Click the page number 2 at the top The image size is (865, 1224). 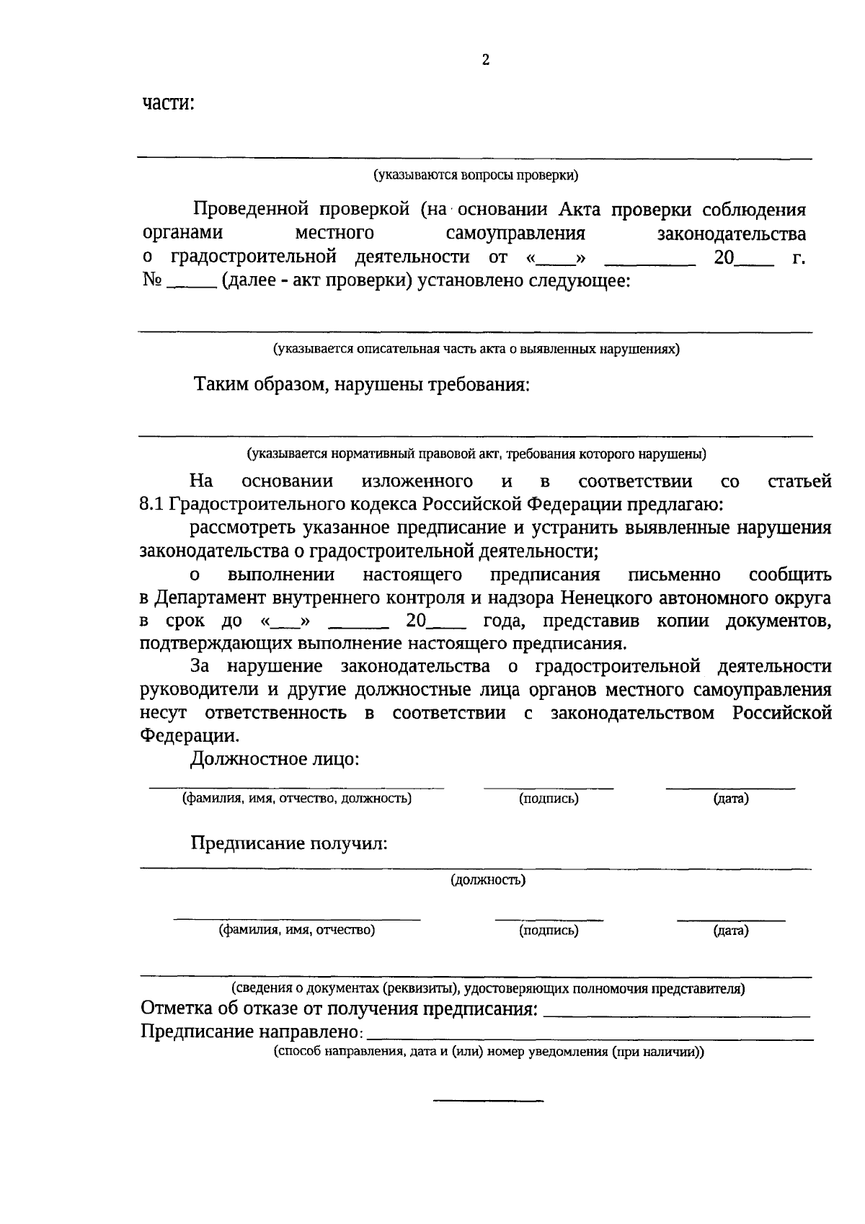[x=485, y=61]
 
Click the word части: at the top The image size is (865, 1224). [x=169, y=103]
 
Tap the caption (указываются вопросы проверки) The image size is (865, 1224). [x=475, y=175]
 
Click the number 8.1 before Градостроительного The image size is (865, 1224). [x=152, y=504]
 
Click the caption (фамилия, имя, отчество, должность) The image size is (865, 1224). [x=296, y=798]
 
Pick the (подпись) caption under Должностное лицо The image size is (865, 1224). [x=549, y=798]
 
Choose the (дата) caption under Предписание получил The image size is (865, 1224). [x=730, y=931]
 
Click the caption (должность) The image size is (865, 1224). [x=488, y=879]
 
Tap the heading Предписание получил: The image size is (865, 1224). [x=289, y=843]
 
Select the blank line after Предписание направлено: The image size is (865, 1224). [x=589, y=1039]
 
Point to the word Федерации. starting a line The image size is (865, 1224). [x=188, y=736]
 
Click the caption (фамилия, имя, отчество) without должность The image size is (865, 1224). [x=296, y=930]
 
